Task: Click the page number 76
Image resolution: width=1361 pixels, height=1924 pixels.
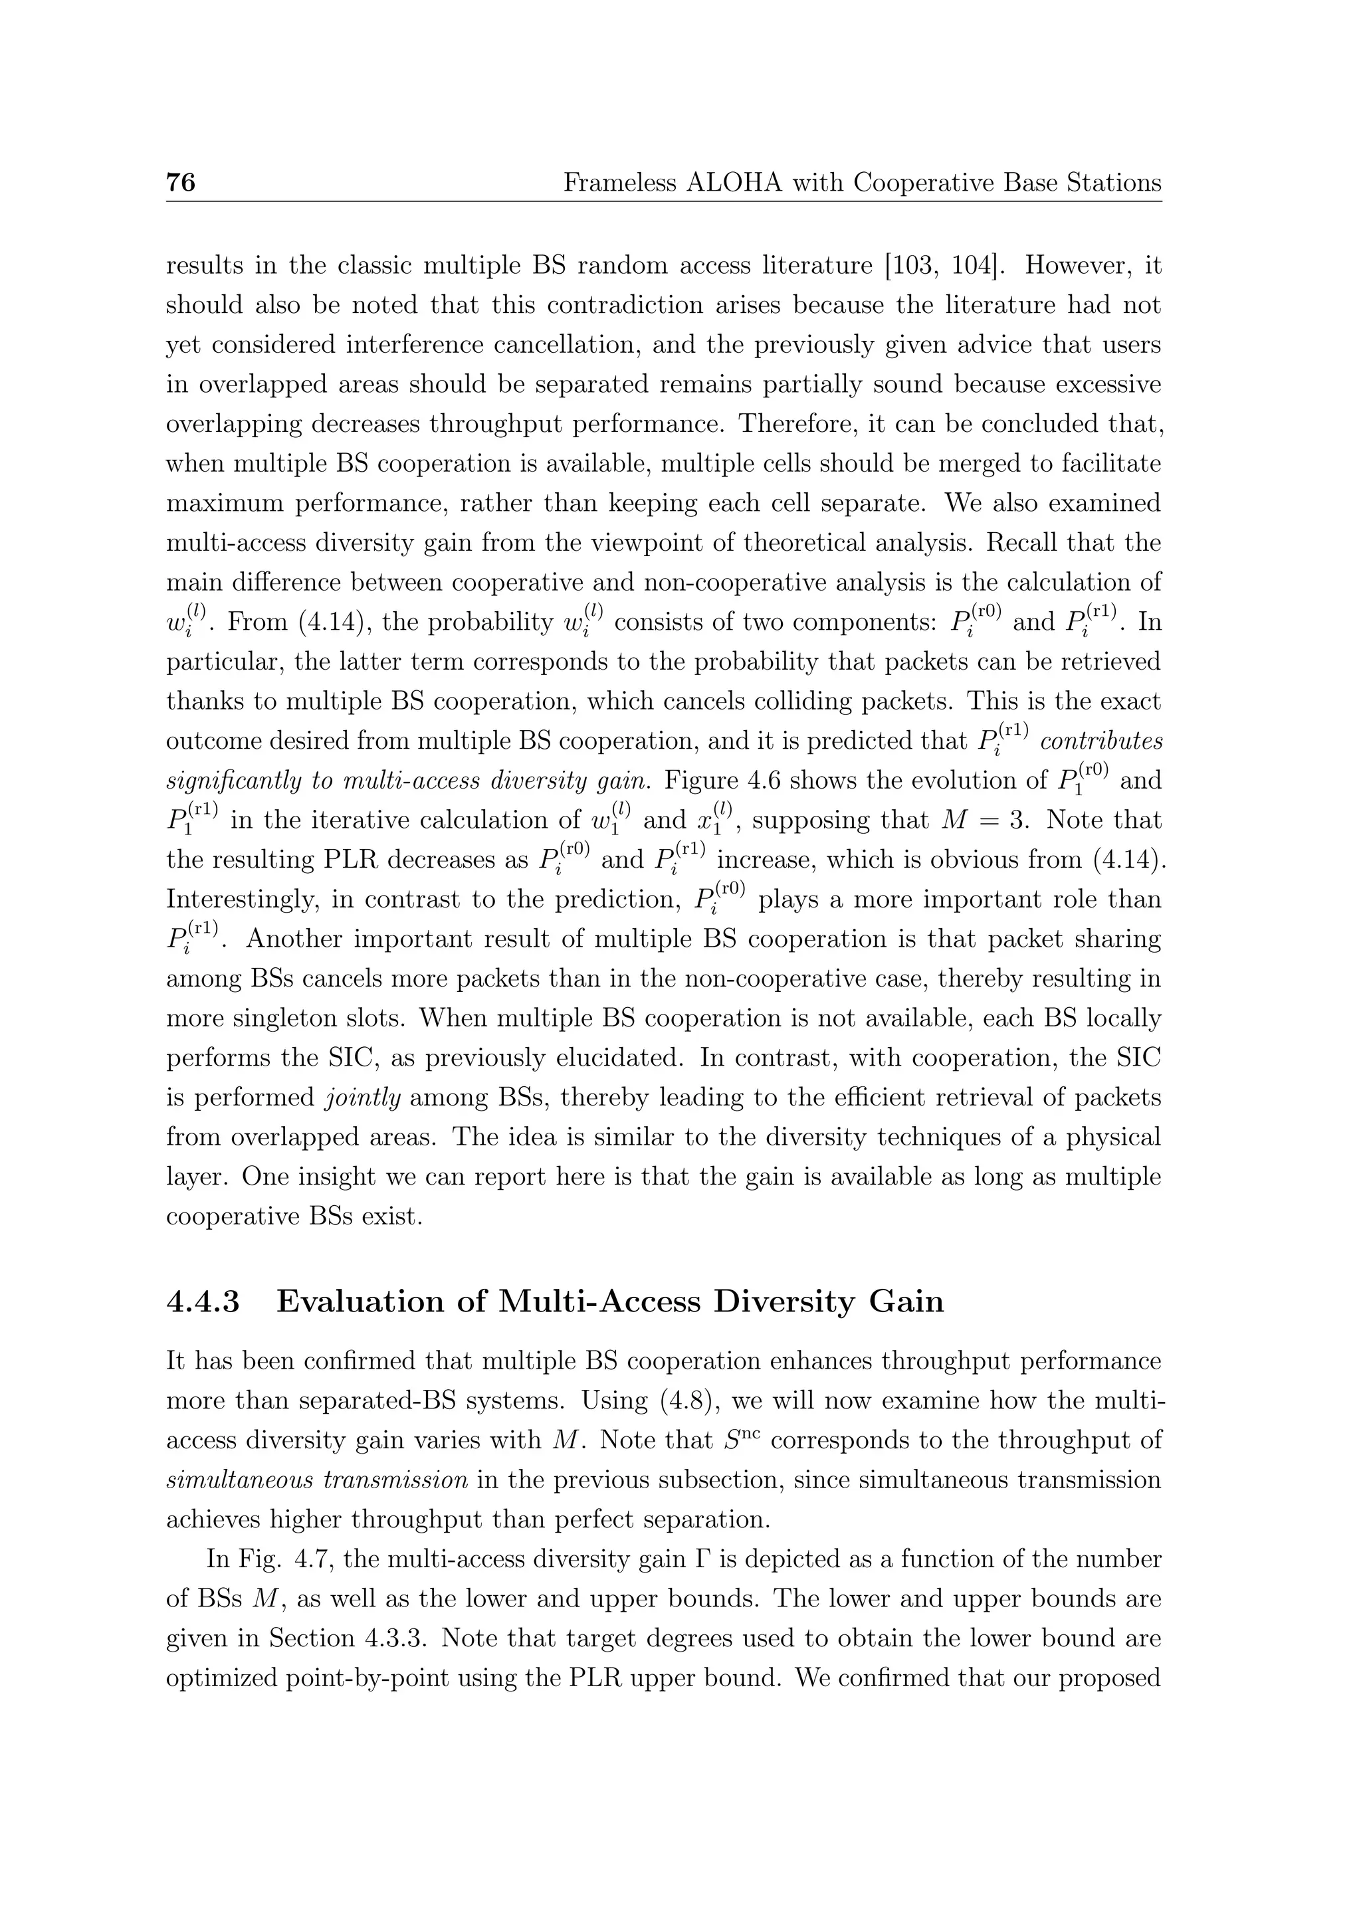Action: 181,182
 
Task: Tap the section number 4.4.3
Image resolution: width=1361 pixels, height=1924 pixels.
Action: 203,1301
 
